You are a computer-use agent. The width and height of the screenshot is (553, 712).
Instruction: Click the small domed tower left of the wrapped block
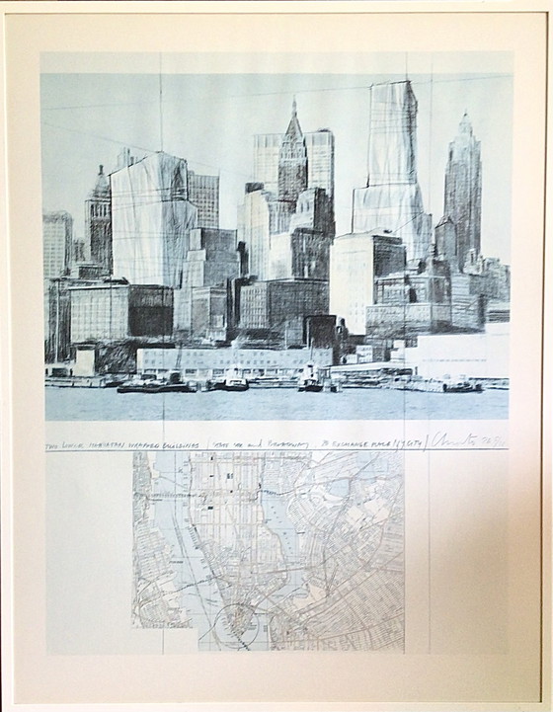tap(99, 212)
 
